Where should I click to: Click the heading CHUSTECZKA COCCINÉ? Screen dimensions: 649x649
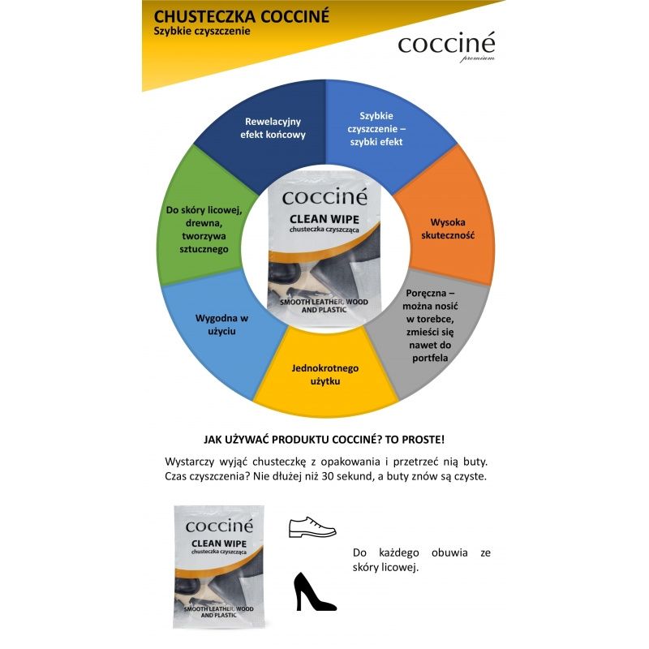234,15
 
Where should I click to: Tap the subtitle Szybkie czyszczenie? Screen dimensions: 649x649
201,32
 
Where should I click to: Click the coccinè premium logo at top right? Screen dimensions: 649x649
446,46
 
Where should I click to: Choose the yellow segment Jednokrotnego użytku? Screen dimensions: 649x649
324,374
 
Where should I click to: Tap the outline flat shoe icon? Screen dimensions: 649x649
312,527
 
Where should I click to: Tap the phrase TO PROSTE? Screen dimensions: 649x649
416,439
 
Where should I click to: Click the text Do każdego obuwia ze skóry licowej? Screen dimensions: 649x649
421,561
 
